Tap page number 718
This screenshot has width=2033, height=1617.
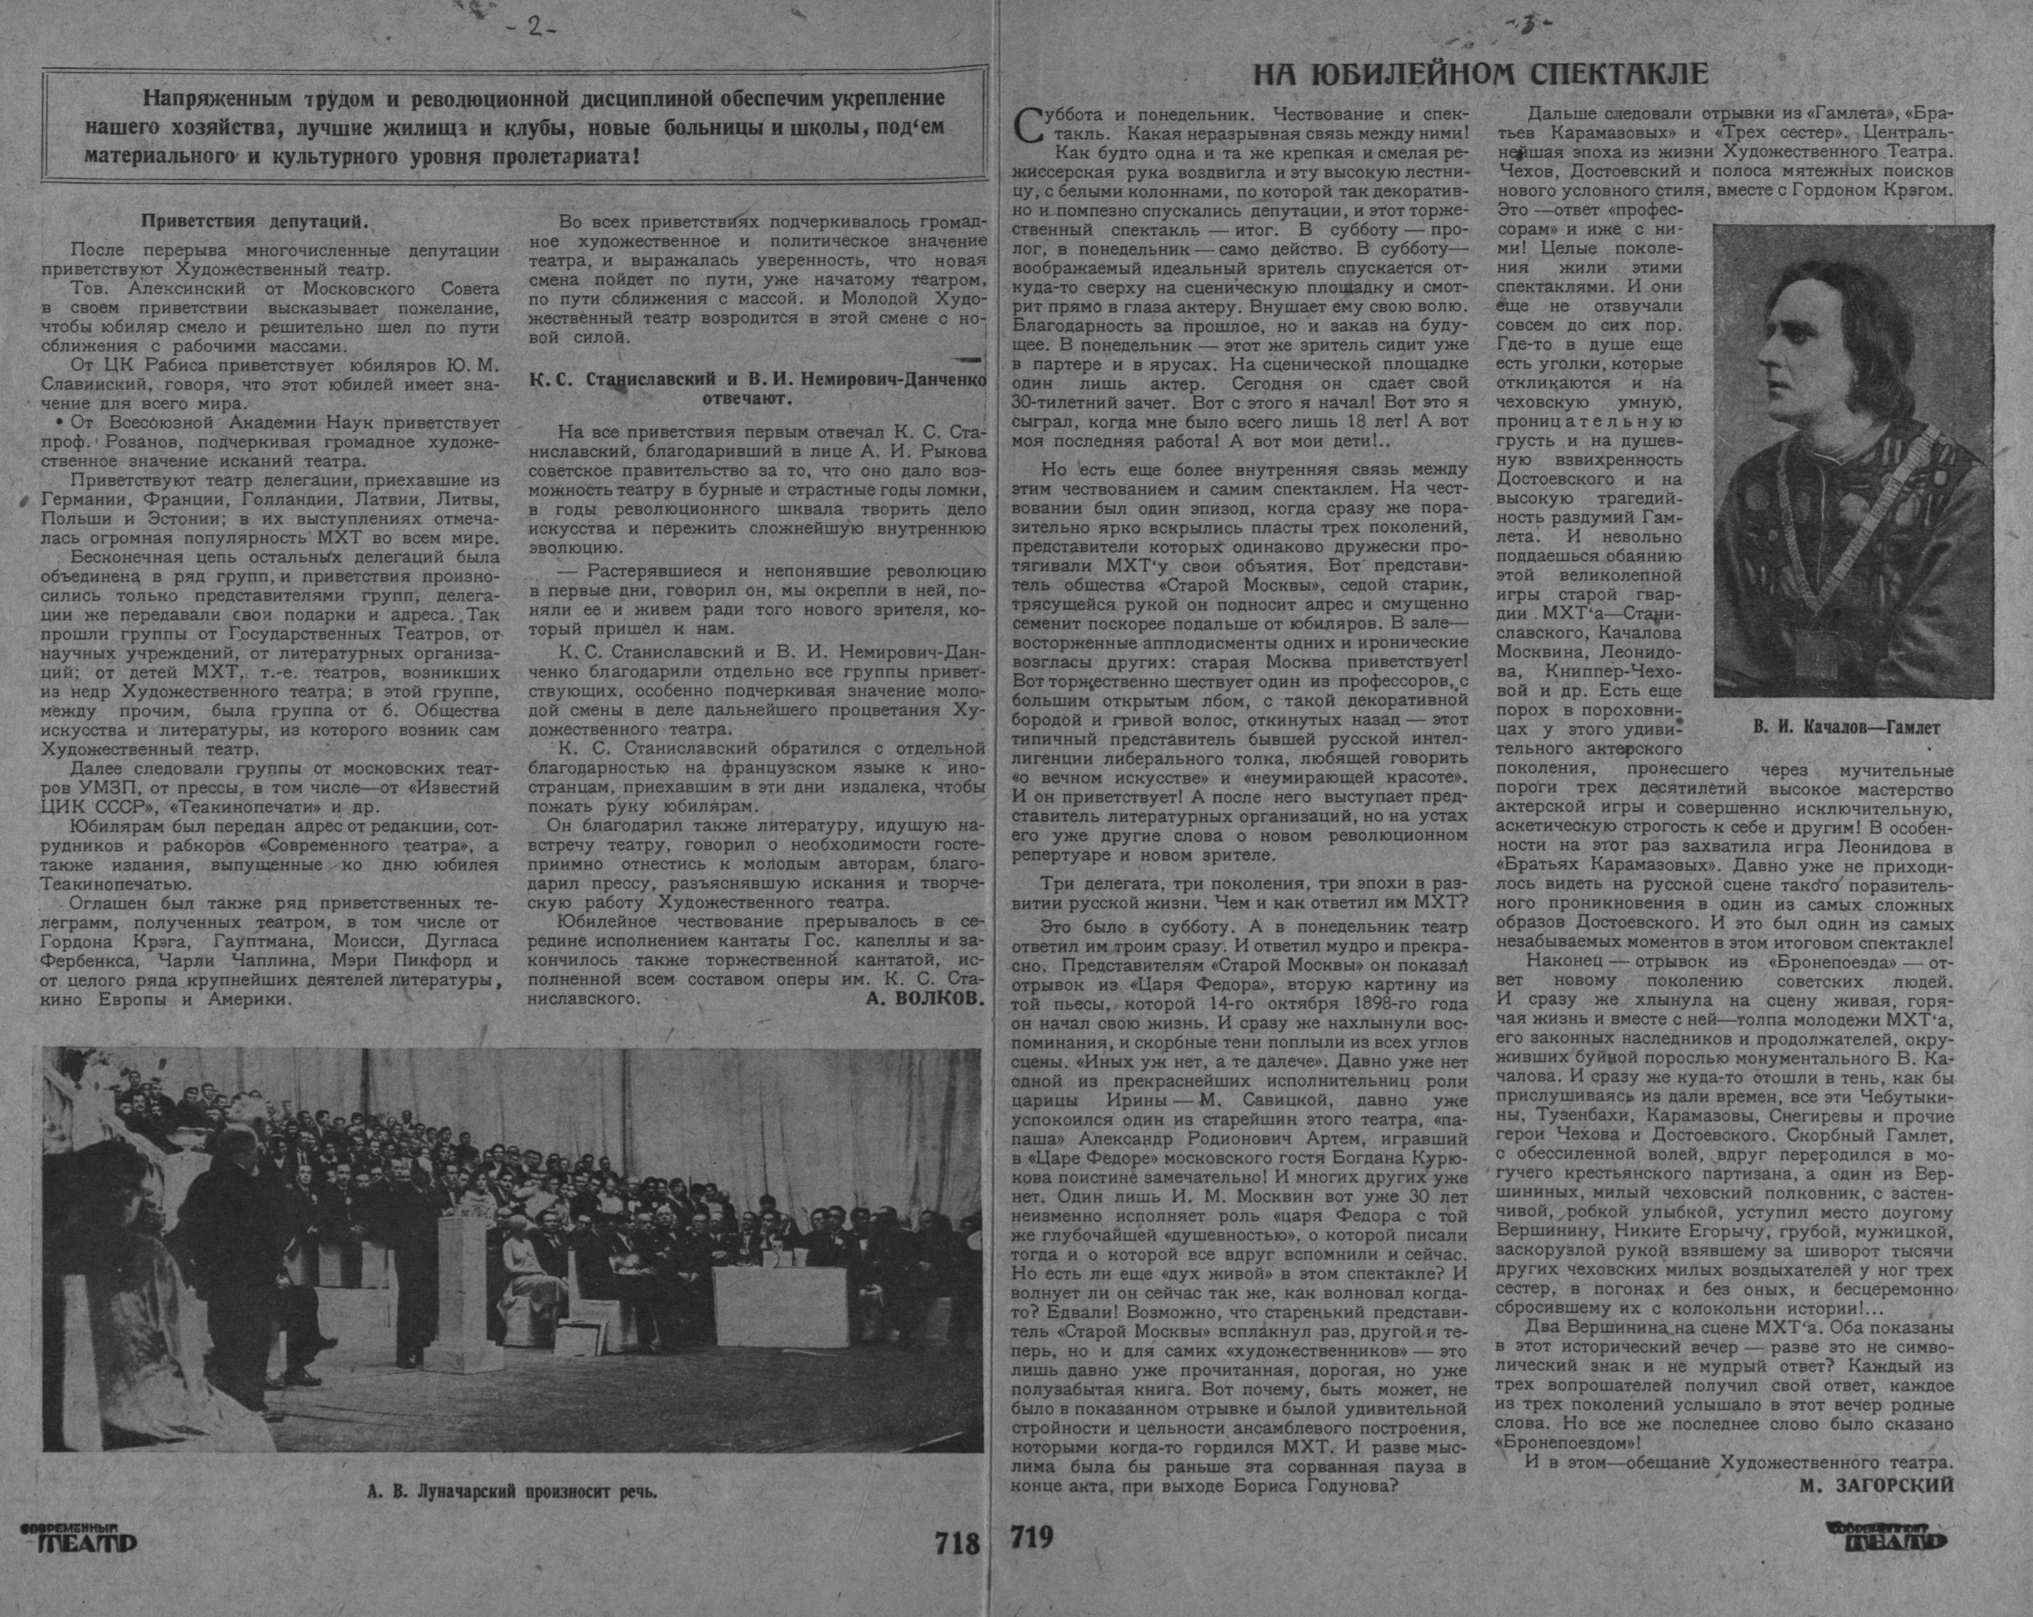(x=956, y=1544)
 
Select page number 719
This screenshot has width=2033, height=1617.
(x=1032, y=1538)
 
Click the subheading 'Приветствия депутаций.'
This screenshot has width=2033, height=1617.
(x=253, y=222)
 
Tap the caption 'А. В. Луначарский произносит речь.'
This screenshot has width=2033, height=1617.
(x=512, y=1493)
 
